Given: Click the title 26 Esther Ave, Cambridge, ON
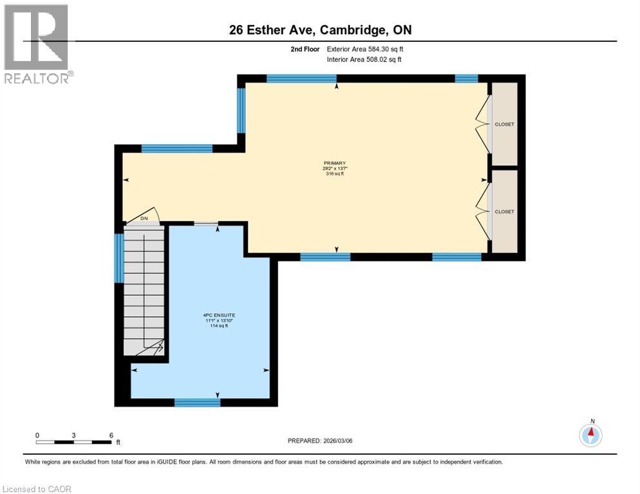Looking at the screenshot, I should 320,30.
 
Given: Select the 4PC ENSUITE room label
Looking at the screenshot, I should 216,315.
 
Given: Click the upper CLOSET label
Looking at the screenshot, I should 505,124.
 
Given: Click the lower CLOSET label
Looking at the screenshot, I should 505,212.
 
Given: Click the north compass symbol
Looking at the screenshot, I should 590,435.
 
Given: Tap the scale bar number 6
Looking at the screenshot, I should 111,435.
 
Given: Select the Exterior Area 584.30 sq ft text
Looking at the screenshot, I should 365,49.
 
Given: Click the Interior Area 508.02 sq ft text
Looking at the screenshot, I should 364,60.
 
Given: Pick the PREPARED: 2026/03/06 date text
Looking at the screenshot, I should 320,441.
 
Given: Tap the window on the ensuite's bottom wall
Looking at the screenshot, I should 197,403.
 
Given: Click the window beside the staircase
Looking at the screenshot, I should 118,258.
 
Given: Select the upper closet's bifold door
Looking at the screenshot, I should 482,124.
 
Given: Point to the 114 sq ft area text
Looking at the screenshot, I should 216,326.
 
